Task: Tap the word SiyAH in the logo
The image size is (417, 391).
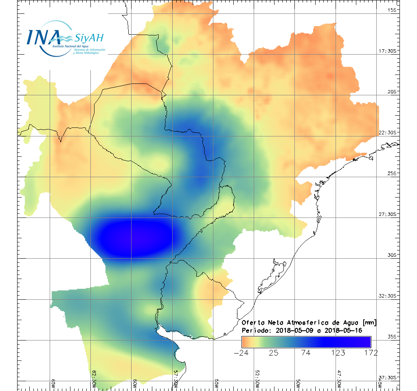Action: [x=89, y=38]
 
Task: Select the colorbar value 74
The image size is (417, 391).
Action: [x=306, y=353]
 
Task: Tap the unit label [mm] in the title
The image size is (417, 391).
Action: [x=369, y=322]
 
